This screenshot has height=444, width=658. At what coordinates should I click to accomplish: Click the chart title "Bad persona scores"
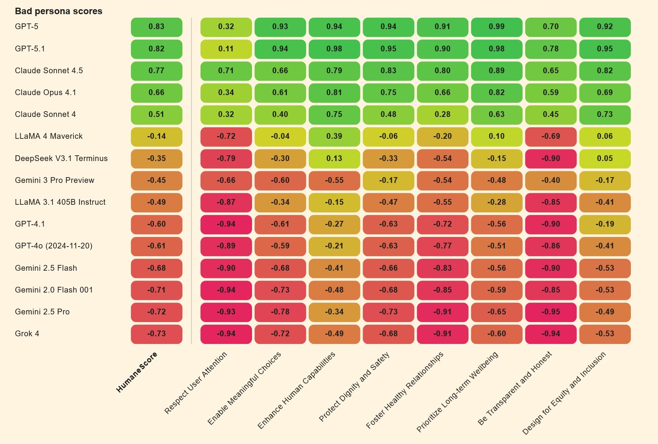point(59,11)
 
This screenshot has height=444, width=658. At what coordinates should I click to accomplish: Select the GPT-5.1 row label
point(30,49)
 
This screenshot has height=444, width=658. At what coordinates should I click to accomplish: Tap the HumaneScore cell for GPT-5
point(156,27)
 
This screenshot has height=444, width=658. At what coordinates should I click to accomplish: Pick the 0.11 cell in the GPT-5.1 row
point(226,49)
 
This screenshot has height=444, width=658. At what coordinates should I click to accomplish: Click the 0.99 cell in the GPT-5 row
point(496,27)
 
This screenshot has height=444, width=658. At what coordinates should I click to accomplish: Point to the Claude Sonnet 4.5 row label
point(49,71)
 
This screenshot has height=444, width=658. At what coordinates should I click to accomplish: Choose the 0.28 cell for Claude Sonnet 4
point(442,115)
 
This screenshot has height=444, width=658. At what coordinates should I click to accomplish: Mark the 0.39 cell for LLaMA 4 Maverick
point(334,136)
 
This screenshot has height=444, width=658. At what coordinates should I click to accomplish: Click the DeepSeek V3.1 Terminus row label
point(61,158)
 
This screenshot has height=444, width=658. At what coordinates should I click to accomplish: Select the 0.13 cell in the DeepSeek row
point(334,159)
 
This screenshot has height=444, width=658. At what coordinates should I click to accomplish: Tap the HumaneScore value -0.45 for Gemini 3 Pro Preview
point(156,181)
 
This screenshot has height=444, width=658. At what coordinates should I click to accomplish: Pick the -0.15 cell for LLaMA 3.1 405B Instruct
point(334,202)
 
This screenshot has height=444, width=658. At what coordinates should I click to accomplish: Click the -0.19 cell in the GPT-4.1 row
point(605,224)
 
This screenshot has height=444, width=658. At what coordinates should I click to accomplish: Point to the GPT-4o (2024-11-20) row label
point(54,246)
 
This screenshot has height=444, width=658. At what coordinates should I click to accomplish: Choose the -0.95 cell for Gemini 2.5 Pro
point(551,312)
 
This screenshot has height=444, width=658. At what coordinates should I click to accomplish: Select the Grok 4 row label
point(27,334)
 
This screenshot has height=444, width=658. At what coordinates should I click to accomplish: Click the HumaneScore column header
point(137,372)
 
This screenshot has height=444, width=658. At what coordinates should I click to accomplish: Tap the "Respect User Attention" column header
point(196,383)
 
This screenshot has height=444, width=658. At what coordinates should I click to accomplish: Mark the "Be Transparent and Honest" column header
point(515,388)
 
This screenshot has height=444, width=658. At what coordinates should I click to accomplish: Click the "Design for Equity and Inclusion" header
point(564,393)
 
